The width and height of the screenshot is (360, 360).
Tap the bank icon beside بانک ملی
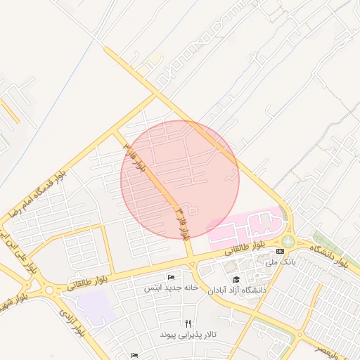tap(281, 251)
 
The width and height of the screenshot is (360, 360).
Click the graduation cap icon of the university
tap(236, 280)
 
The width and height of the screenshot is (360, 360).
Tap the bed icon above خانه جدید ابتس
tap(171, 277)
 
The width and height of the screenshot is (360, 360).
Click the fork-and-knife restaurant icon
tap(188, 323)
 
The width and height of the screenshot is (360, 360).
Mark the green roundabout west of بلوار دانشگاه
tap(288, 241)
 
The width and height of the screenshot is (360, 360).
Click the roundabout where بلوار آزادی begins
tap(48, 290)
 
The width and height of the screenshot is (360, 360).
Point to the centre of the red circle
tap(180, 180)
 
